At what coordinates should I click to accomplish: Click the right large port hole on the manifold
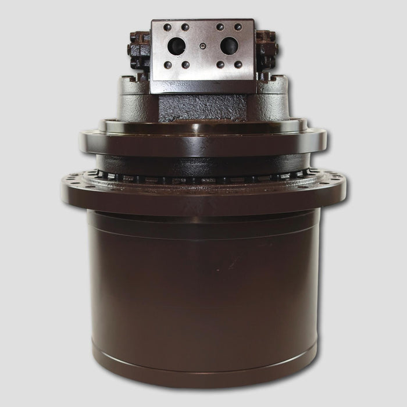click(229, 45)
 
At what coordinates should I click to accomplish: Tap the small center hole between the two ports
click(202, 45)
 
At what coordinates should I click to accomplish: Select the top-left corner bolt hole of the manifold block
click(167, 27)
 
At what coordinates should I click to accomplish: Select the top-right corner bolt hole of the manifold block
click(238, 27)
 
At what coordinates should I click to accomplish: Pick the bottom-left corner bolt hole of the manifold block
click(167, 65)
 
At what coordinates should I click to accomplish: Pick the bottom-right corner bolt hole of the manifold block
click(238, 65)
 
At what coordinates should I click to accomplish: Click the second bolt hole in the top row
click(185, 27)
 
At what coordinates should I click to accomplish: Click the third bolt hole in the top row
click(220, 27)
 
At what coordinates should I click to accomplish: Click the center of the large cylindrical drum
click(203, 279)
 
